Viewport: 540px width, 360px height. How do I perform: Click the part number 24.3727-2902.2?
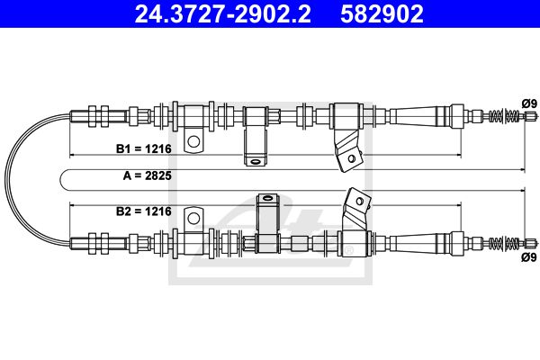(223, 13)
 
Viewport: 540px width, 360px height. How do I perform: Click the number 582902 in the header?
(382, 13)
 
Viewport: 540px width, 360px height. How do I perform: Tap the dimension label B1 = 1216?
(144, 148)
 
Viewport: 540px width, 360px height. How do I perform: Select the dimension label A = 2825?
(148, 175)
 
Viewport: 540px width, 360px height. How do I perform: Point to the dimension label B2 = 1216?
(144, 211)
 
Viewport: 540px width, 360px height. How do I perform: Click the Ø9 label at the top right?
(529, 103)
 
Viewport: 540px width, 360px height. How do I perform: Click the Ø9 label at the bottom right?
(529, 257)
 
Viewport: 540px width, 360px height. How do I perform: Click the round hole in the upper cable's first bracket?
(193, 141)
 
